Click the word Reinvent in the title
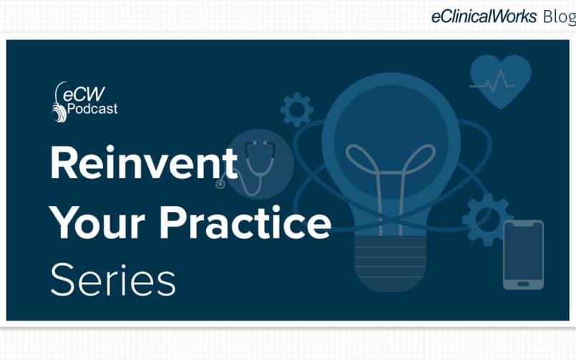144,162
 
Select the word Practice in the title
245,221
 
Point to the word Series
113,280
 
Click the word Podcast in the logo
92,109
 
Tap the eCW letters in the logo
84,94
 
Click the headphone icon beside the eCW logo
59,103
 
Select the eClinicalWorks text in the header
484,16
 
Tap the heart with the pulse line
500,82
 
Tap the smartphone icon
523,255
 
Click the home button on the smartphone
523,284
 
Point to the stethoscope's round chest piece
220,184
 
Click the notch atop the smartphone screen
523,225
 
